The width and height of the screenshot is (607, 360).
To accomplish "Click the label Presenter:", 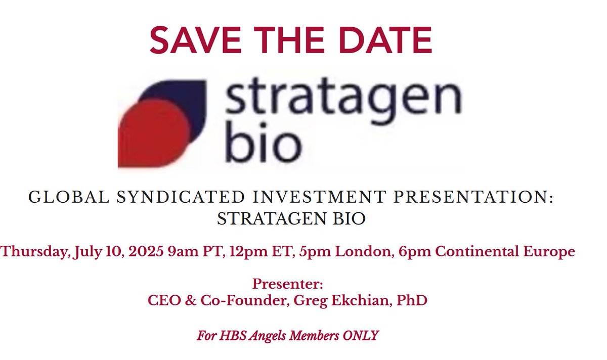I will coord(288,283).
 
